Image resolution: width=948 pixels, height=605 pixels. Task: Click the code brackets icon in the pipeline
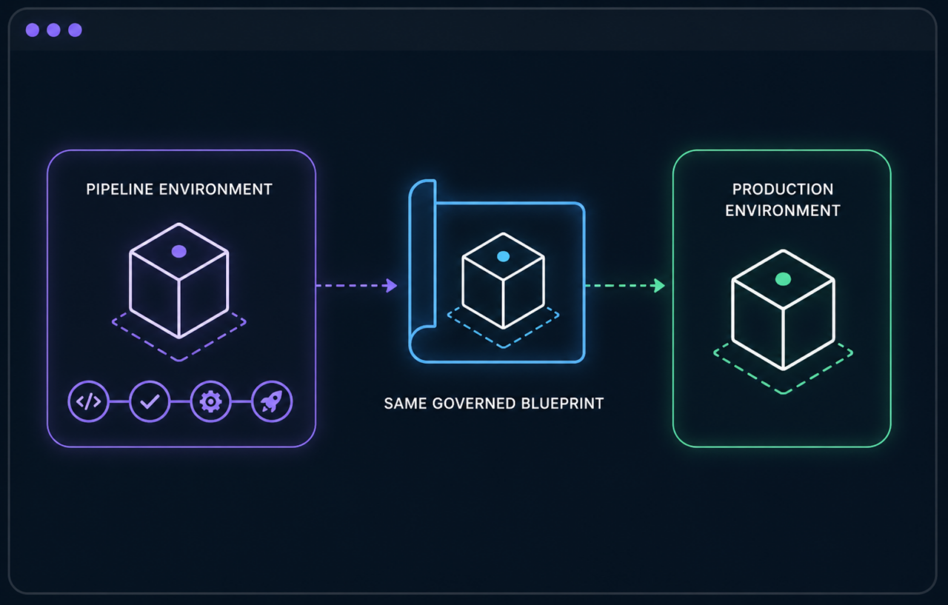[88, 401]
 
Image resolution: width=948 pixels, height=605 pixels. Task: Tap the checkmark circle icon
[150, 401]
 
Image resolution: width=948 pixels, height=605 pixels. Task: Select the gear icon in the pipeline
[211, 401]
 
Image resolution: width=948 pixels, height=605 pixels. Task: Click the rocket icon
[272, 401]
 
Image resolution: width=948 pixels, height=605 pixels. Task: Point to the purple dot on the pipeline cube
[179, 251]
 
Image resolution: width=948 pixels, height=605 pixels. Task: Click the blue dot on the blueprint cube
[503, 256]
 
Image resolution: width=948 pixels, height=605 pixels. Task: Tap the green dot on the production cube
[783, 279]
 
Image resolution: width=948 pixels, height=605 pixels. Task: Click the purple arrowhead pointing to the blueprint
[391, 286]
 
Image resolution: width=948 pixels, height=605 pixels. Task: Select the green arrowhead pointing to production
[659, 286]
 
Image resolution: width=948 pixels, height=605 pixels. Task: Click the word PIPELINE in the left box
[120, 189]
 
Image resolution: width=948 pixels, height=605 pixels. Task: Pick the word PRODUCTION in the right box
[783, 189]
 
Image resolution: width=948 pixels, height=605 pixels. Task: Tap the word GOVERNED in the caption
[474, 403]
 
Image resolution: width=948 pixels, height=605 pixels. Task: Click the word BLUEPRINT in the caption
[562, 403]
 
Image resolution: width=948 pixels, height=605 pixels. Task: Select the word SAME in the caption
[405, 403]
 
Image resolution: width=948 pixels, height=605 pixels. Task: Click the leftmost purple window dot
[33, 30]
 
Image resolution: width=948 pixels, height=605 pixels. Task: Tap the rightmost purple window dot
[75, 30]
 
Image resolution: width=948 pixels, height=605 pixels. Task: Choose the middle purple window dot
[54, 30]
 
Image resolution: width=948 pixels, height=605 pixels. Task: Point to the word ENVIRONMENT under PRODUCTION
[783, 211]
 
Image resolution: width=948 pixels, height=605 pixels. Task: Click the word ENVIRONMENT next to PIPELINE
[216, 189]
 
